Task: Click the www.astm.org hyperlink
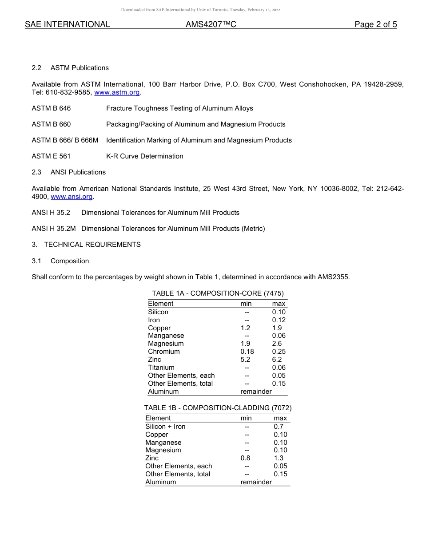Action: pos(117,92)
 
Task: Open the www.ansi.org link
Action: pos(72,197)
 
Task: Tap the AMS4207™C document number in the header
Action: pos(211,24)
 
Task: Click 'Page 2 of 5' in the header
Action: pos(375,24)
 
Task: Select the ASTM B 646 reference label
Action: pos(51,108)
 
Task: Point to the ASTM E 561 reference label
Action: pos(51,156)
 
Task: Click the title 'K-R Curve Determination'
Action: pos(144,156)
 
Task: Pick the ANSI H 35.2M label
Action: pos(54,229)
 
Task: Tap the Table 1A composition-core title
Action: pos(218,293)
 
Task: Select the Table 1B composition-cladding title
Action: pos(218,408)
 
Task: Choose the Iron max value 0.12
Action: pos(279,320)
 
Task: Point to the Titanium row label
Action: pos(161,368)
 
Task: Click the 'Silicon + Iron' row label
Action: pos(165,427)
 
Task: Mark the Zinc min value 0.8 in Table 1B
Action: pos(245,458)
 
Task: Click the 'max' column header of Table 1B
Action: pos(280,418)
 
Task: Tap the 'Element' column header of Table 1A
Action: pos(160,304)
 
